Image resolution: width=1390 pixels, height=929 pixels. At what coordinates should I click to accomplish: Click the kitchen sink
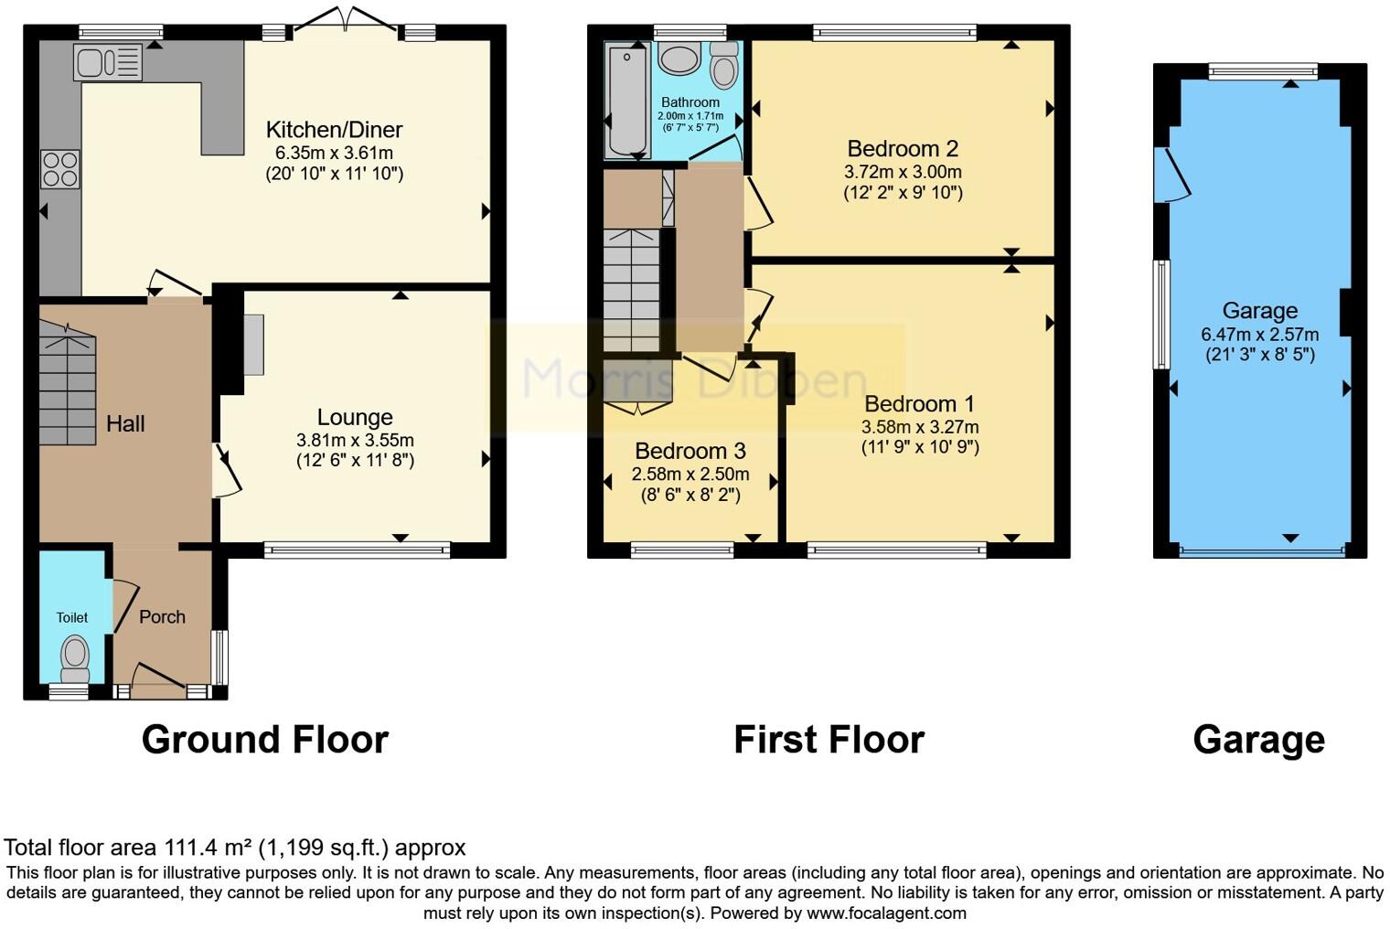click(107, 63)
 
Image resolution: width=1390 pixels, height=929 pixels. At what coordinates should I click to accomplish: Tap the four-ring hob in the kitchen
click(60, 170)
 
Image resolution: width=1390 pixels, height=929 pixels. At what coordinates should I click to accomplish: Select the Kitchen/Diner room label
click(334, 130)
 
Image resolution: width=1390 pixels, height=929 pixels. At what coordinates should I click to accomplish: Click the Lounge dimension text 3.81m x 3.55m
click(355, 440)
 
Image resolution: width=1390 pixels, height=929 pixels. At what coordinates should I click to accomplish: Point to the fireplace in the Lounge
click(252, 345)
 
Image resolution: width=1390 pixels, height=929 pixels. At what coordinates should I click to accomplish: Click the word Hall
click(125, 424)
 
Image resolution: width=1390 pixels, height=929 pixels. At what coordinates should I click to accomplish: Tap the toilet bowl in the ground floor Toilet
click(74, 655)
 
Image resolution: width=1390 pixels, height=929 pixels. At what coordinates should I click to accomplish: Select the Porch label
click(162, 617)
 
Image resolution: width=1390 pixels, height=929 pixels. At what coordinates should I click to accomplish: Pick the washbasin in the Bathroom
click(679, 59)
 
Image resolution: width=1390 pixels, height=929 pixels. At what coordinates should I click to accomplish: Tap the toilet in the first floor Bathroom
click(724, 67)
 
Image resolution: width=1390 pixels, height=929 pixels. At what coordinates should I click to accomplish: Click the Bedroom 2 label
click(903, 148)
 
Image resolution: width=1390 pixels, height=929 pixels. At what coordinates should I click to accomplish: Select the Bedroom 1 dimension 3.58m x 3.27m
click(919, 427)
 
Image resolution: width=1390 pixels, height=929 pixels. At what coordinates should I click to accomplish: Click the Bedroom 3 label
click(690, 451)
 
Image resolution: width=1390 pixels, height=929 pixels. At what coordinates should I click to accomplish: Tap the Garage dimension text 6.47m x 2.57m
click(1259, 335)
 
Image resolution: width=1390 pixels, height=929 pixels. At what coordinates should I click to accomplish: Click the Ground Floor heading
click(265, 740)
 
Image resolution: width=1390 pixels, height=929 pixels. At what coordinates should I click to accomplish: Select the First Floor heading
click(829, 740)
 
